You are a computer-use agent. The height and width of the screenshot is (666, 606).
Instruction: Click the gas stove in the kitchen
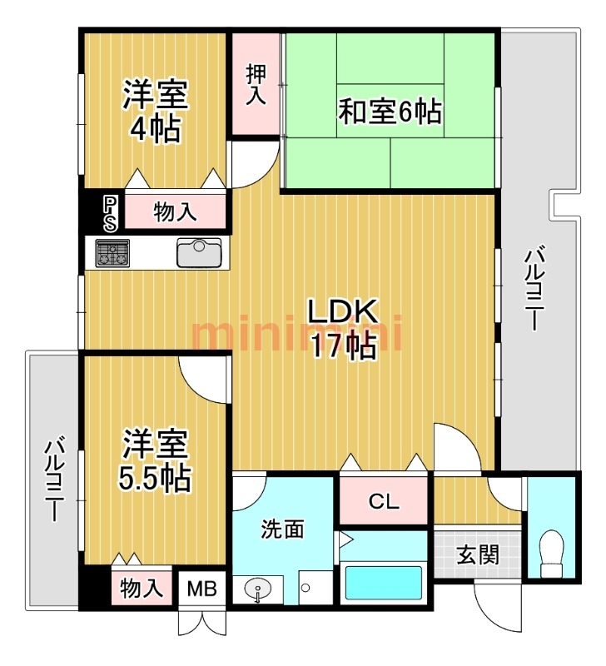point(112,253)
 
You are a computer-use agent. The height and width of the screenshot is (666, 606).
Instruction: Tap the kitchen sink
point(199,253)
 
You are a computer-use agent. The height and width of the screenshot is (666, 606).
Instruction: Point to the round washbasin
point(257,590)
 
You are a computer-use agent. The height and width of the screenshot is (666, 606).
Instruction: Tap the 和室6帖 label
point(390,112)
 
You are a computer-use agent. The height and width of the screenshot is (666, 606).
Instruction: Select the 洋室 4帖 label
point(155,111)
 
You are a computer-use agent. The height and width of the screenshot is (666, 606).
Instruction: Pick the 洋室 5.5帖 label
point(155,461)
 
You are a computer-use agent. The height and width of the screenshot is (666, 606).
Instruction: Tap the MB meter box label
point(202,589)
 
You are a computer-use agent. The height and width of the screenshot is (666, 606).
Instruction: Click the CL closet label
point(384,501)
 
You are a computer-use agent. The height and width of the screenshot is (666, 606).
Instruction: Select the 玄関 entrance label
point(478,554)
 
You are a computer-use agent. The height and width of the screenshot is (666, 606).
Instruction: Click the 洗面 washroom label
point(282,529)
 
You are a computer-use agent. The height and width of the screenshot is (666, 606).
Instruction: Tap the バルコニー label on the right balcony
point(534,291)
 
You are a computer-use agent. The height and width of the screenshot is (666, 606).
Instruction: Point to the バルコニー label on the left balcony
point(55,481)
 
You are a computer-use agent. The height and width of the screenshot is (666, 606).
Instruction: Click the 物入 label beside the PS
point(176,211)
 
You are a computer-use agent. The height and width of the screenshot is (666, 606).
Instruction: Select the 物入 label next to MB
point(142,589)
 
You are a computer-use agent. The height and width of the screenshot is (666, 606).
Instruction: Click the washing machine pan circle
point(305,589)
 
